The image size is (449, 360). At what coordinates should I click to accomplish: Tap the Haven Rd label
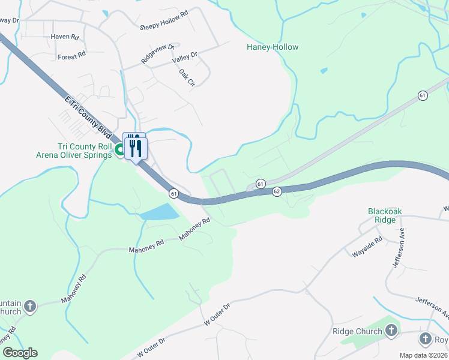coord(65,37)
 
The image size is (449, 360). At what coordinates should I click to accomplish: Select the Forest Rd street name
coord(71,56)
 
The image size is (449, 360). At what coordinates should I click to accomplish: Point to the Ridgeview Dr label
coord(157,54)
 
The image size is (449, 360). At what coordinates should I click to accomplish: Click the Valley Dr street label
coord(184,58)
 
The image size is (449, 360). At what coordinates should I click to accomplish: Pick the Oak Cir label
coord(187,77)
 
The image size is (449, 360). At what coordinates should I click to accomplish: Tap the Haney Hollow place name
coord(273,47)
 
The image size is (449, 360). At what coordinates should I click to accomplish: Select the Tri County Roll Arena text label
coord(85,151)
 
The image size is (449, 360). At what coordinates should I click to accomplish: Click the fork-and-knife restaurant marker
coord(136,148)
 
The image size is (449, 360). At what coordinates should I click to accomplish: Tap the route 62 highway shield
coord(277,191)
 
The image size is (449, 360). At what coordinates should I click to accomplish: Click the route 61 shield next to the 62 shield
coord(260,183)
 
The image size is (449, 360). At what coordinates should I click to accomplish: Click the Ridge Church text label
coord(357,331)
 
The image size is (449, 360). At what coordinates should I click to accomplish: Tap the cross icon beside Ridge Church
coord(391,331)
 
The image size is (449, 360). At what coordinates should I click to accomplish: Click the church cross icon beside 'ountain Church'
coord(29,307)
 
